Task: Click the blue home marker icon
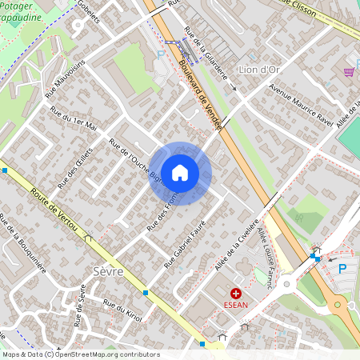click(180, 173)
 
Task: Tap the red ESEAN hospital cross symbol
click(235, 294)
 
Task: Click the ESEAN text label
click(236, 305)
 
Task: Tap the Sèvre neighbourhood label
click(108, 272)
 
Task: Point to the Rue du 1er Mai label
click(73, 120)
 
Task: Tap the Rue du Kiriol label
click(122, 310)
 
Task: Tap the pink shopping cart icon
click(349, 72)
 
